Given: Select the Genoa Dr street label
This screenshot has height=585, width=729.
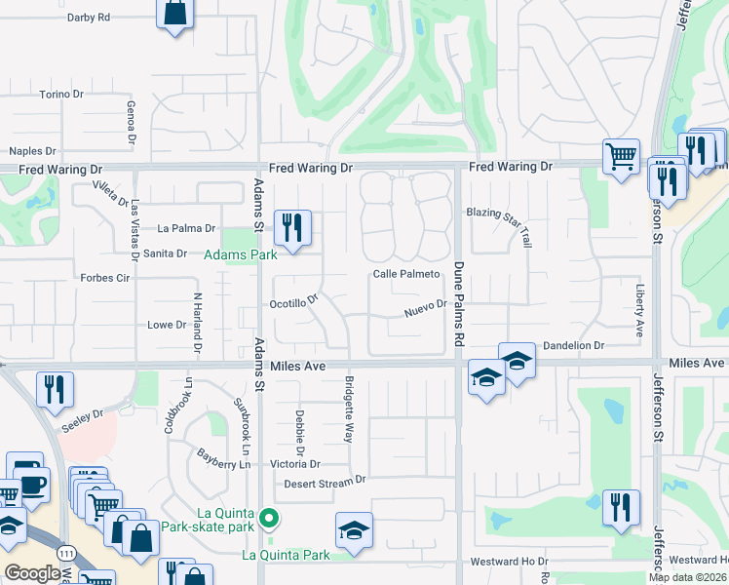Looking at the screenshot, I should [x=130, y=122].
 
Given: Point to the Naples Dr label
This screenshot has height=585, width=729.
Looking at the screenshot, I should [x=32, y=151].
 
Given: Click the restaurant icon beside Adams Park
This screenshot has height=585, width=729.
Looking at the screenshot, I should [x=292, y=228].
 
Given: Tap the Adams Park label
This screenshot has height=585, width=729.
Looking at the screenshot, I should [x=240, y=255].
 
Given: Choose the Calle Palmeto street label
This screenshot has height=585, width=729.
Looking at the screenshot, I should [x=406, y=275].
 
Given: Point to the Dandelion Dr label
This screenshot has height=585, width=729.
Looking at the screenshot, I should [x=574, y=345].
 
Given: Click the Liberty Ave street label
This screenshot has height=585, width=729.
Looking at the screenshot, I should [x=639, y=309].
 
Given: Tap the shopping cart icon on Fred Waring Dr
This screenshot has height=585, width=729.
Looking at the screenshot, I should [x=620, y=157].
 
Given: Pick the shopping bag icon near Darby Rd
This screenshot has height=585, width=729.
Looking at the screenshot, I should [x=174, y=14].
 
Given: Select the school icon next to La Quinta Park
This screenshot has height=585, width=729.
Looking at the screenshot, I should [x=354, y=530].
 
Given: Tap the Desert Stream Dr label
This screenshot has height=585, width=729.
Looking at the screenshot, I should [x=325, y=482].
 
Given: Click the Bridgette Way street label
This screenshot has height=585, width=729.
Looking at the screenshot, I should [x=348, y=410].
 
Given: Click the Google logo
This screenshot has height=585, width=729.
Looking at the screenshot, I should [x=34, y=573].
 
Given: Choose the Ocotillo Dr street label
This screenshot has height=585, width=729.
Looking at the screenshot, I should [x=294, y=303].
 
